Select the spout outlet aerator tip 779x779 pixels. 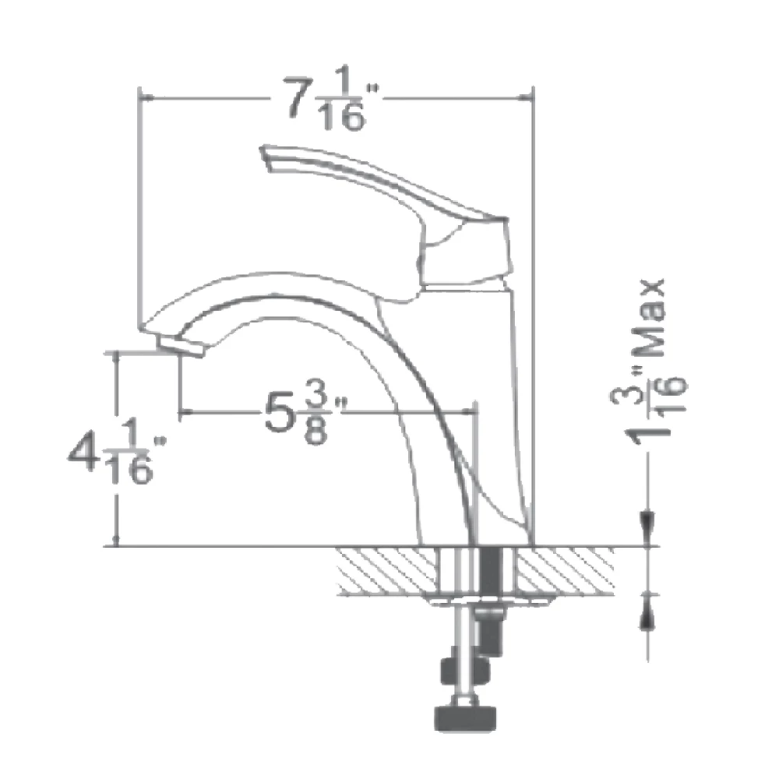point(178,346)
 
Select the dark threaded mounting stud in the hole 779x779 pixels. point(491,569)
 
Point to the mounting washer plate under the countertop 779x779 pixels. point(491,600)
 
